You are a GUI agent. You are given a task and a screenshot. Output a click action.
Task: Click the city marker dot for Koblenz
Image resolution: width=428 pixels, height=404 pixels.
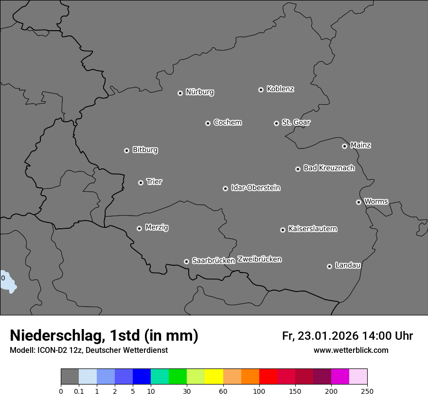click(x=261, y=90)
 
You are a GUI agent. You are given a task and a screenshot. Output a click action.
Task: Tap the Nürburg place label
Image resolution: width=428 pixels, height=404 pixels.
click(x=199, y=92)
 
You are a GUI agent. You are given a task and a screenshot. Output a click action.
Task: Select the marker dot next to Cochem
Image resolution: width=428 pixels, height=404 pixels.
click(x=208, y=123)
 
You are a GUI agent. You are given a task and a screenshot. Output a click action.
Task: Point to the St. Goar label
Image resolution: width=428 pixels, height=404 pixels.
click(x=296, y=122)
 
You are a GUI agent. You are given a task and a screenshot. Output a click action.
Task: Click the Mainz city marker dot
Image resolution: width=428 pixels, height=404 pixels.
click(x=344, y=146)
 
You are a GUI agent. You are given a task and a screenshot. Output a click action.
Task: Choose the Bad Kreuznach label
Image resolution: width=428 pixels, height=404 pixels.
click(x=329, y=168)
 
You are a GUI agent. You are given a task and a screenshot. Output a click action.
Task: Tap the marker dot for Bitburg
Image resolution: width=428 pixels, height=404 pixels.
click(x=126, y=150)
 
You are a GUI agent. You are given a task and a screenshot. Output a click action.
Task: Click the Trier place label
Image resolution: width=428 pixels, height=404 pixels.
click(x=154, y=182)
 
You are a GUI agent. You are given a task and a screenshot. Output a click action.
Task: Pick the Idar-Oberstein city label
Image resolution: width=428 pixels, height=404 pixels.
click(x=255, y=187)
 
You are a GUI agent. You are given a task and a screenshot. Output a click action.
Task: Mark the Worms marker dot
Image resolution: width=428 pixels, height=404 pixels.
click(x=358, y=202)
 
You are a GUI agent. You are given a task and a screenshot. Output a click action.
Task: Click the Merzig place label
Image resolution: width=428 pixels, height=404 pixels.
click(x=157, y=227)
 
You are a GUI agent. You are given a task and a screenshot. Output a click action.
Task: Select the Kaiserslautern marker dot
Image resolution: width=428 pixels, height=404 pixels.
click(x=283, y=230)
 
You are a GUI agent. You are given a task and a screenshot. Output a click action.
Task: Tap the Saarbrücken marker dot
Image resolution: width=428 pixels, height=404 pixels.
click(x=186, y=261)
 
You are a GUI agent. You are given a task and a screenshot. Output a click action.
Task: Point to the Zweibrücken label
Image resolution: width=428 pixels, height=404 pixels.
click(x=259, y=259)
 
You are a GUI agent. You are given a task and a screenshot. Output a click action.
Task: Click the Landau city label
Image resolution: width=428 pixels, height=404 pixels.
click(x=348, y=265)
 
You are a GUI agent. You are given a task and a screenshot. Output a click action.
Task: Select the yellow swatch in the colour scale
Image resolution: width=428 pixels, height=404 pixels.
click(x=214, y=377)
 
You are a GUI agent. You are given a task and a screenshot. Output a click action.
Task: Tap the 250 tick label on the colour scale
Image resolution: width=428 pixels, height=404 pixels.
click(x=367, y=391)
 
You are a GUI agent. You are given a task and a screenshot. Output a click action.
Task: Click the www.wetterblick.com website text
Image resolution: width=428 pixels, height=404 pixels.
click(x=351, y=350)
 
